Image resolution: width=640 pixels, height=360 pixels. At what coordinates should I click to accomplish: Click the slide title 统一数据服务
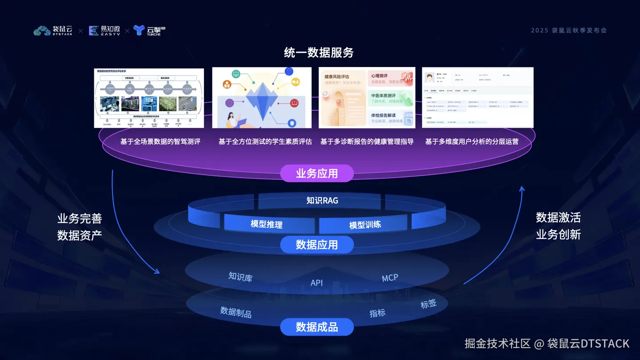319,53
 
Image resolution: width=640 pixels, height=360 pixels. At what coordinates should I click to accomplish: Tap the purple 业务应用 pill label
317,173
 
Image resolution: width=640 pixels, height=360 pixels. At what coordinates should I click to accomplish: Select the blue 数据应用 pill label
317,244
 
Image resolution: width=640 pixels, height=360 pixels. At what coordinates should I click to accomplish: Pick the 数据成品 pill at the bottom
317,328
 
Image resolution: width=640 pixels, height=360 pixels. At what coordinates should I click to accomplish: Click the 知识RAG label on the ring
322,200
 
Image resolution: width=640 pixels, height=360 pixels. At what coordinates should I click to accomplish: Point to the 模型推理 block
266,224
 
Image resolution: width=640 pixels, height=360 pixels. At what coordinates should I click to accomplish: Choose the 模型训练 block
365,224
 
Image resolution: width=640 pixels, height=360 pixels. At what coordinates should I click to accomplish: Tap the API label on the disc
316,283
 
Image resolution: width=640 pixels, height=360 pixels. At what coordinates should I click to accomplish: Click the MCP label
390,278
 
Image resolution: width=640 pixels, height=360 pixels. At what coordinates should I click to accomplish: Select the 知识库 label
240,277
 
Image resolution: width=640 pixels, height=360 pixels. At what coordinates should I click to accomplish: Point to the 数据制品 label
236,312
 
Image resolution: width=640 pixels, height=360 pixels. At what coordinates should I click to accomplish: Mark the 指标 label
377,313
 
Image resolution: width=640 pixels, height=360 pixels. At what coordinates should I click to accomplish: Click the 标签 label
428,304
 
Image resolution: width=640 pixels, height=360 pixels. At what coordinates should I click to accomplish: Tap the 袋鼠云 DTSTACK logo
53,31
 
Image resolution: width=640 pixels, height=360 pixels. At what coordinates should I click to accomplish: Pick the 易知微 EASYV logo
104,31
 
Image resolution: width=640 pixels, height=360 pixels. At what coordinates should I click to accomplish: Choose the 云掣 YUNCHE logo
149,31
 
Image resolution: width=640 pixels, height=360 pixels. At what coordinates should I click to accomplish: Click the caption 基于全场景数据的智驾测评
160,141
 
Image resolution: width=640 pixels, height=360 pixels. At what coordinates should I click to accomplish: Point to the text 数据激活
558,217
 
